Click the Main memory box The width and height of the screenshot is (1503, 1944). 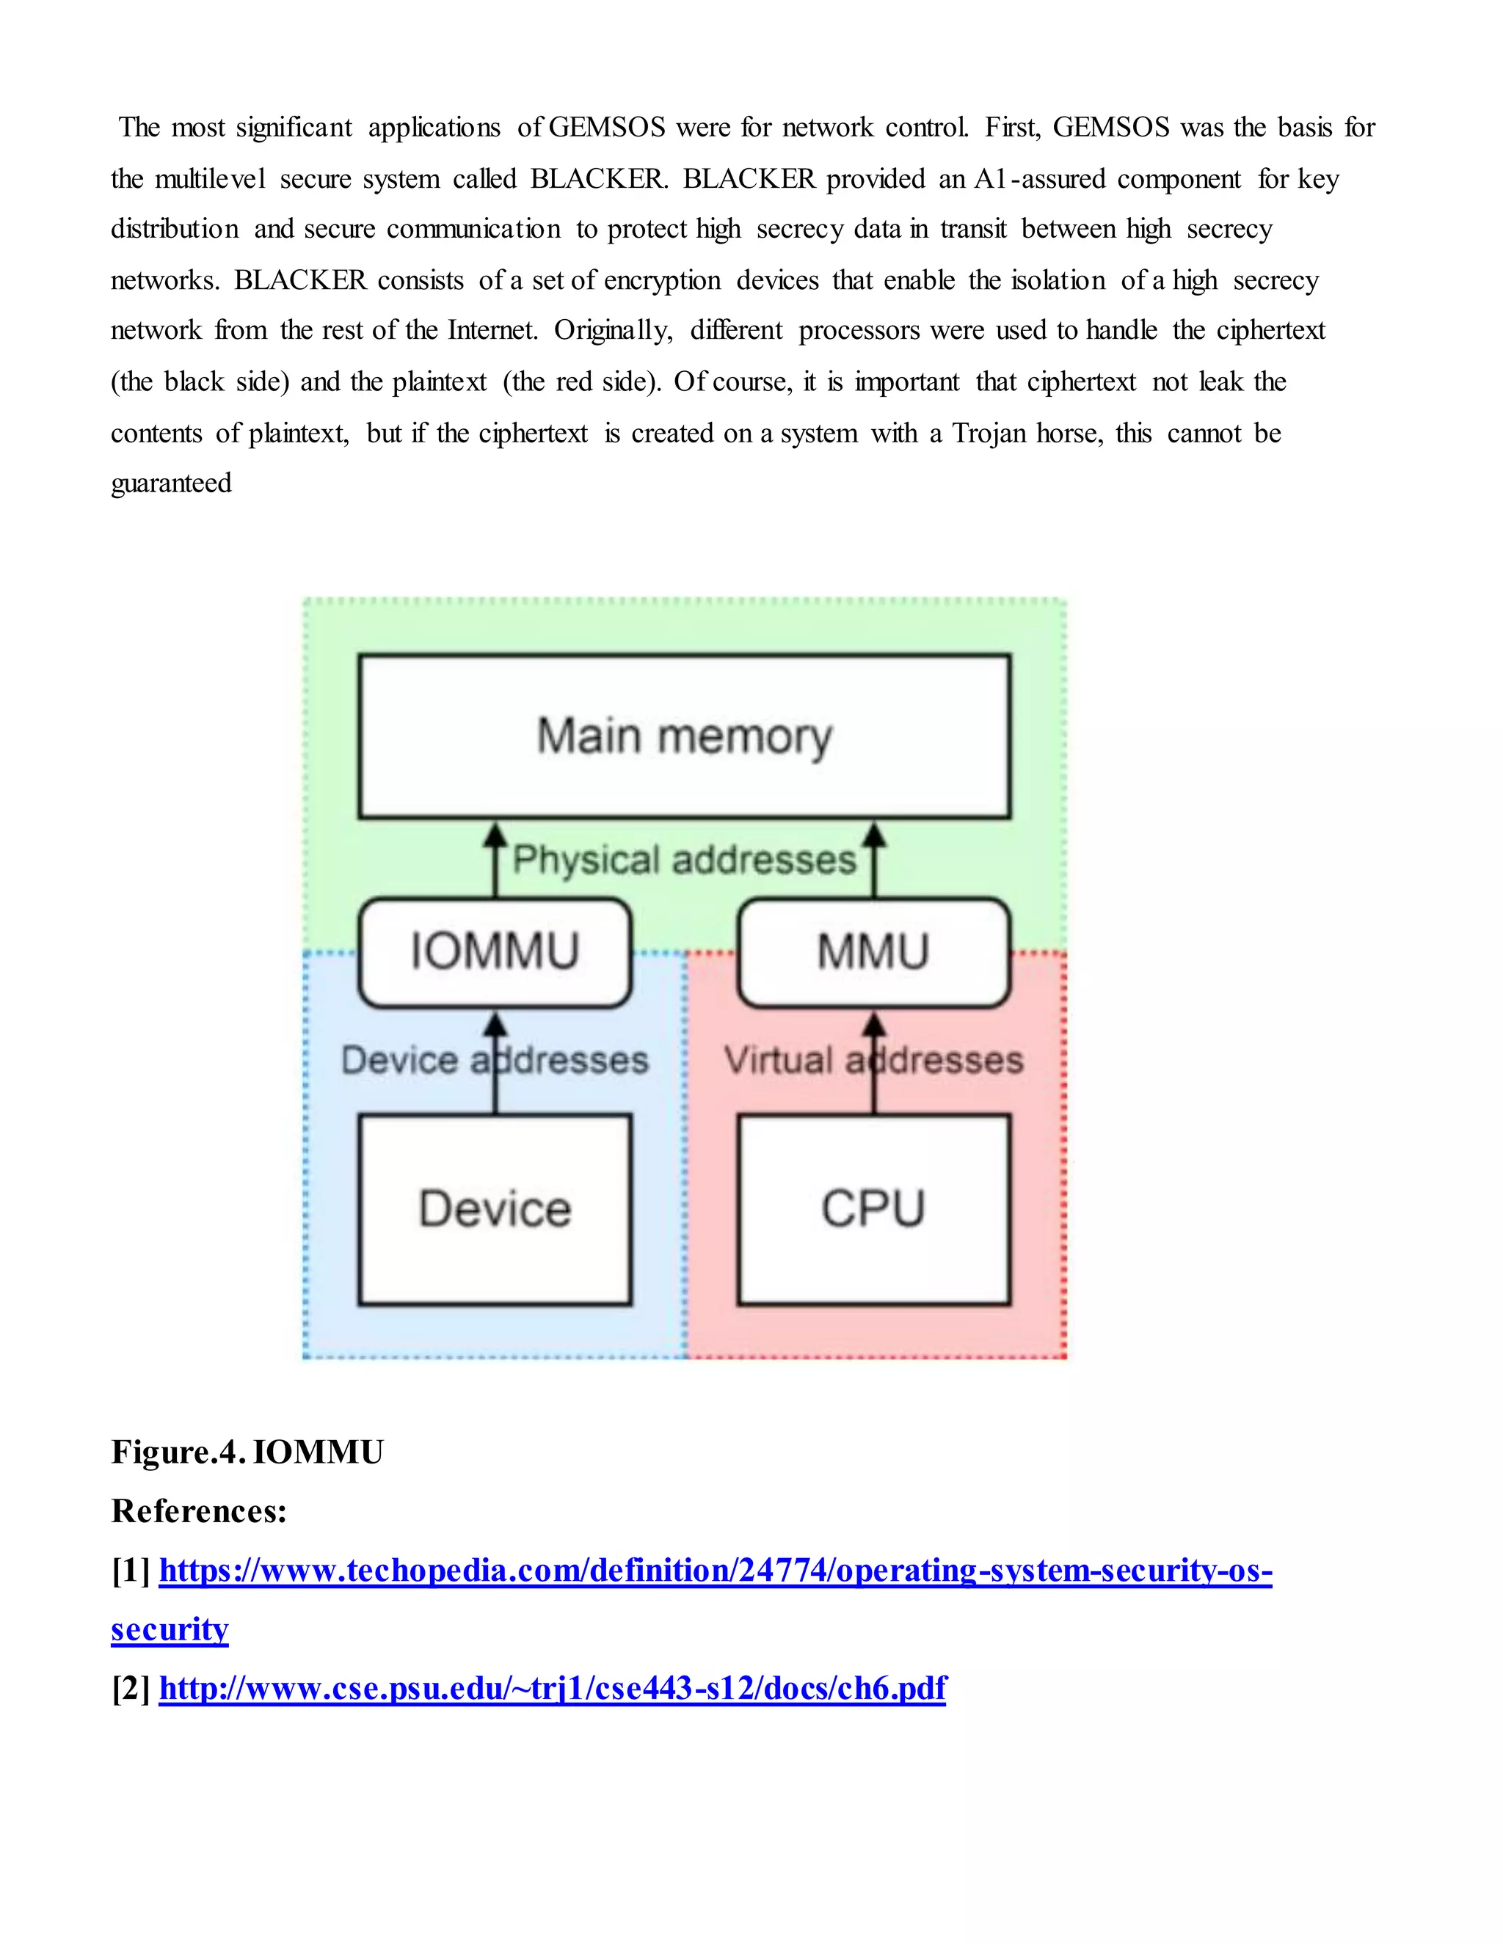[684, 736]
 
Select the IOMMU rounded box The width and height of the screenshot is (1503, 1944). [495, 951]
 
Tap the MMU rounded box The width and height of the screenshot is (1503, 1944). [873, 951]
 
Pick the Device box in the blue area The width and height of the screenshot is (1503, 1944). [495, 1209]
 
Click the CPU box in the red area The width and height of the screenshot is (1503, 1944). [873, 1209]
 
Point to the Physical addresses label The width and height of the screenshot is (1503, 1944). [684, 860]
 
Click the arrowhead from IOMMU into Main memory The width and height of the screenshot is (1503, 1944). [495, 835]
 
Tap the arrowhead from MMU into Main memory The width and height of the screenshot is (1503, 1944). [874, 835]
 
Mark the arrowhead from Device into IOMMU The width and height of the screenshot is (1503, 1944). [495, 1025]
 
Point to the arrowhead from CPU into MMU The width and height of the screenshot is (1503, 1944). [874, 1025]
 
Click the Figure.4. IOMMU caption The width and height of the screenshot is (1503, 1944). [247, 1452]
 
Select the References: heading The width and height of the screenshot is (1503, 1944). [199, 1511]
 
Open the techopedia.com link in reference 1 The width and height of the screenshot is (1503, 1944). [715, 1570]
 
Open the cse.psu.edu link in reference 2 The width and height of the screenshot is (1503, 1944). [552, 1688]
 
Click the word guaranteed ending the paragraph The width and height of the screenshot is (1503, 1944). [171, 483]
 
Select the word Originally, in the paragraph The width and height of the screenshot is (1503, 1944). [614, 331]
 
